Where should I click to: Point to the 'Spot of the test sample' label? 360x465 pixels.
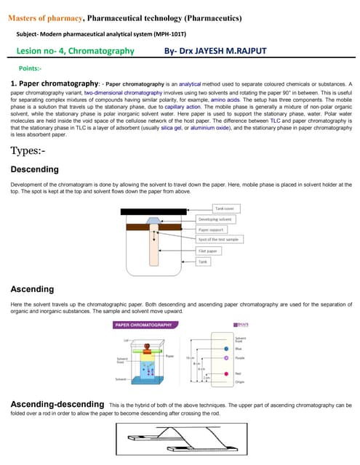(x=220, y=239)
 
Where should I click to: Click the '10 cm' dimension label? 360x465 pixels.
(x=190, y=358)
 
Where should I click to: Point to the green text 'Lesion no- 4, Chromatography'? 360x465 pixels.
(x=75, y=51)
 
